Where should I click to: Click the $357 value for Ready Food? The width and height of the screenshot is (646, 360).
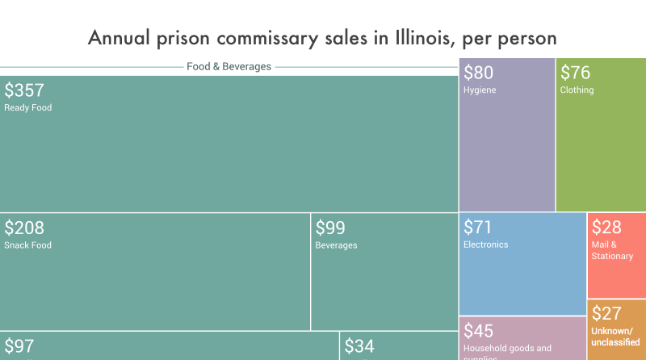[x=24, y=90]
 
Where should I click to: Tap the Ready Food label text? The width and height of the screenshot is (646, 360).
[x=28, y=107]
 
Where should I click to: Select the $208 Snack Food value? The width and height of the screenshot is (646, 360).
[x=24, y=228]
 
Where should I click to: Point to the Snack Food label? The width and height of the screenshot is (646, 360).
[x=27, y=245]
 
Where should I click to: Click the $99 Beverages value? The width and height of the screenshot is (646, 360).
[x=330, y=228]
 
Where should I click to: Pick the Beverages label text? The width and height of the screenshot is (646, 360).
[x=336, y=245]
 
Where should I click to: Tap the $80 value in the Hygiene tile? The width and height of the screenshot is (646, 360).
[x=478, y=73]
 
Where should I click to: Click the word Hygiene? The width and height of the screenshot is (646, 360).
[x=480, y=90]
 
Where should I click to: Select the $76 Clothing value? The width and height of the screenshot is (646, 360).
[x=575, y=73]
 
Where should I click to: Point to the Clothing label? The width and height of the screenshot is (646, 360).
[x=577, y=90]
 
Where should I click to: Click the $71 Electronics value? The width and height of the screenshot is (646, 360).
[x=477, y=228]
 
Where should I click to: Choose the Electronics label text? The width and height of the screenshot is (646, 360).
[x=486, y=245]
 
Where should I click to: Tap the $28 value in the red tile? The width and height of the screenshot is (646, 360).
[x=606, y=228]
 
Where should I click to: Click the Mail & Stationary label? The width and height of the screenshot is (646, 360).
[x=612, y=250]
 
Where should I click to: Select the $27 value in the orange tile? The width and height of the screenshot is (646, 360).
[x=606, y=314]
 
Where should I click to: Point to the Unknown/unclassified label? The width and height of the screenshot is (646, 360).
[x=615, y=337]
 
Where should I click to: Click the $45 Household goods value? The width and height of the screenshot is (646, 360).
[x=478, y=331]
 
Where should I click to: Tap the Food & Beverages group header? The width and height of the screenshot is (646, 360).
[x=229, y=67]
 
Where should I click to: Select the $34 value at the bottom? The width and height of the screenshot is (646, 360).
[x=359, y=347]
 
